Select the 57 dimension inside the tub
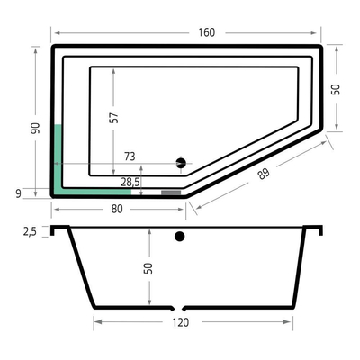pos(113,117)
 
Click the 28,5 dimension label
pos(130,182)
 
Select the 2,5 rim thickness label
pos(31,231)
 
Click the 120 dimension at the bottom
pos(180,321)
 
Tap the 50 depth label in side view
pos(148,267)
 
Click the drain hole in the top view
pos(180,163)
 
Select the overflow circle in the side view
pos(179,238)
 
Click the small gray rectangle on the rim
pos(171,192)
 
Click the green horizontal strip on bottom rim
pos(94,190)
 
